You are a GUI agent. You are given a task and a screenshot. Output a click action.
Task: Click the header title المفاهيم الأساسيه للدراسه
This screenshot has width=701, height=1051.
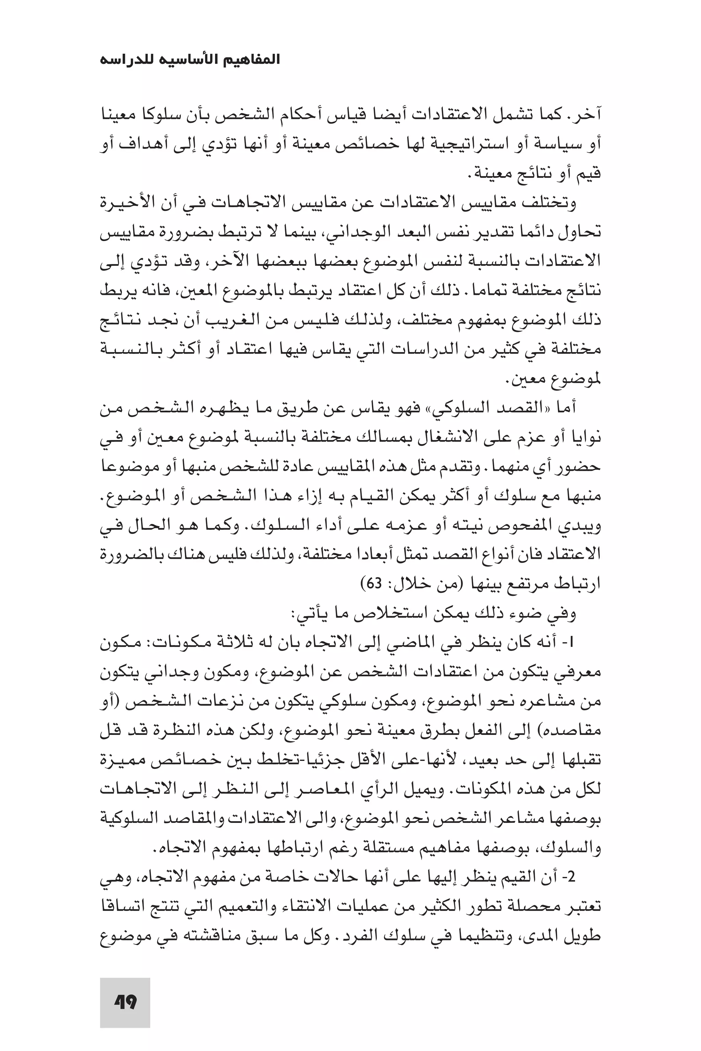coord(190,60)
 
